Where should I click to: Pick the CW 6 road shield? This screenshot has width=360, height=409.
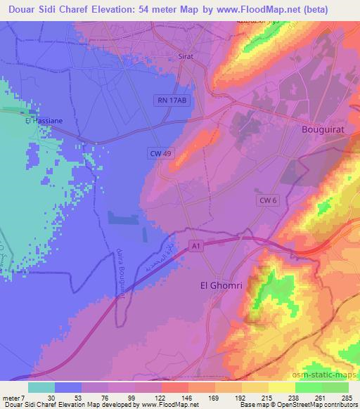[268, 200]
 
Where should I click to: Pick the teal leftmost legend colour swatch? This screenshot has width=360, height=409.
[41, 387]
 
